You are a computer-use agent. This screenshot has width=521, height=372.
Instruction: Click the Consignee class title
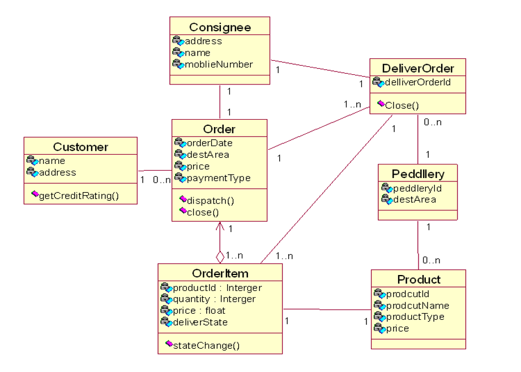click(x=220, y=27)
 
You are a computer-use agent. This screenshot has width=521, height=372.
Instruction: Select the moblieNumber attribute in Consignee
click(x=219, y=64)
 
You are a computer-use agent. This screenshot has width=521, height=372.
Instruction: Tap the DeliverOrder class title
click(x=418, y=69)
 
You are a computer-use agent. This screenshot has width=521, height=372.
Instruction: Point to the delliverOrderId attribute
click(x=417, y=83)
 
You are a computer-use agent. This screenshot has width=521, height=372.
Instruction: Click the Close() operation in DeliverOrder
click(x=402, y=105)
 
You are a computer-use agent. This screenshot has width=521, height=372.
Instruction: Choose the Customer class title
click(x=80, y=147)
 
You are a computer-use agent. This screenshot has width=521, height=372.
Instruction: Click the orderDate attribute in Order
click(x=210, y=143)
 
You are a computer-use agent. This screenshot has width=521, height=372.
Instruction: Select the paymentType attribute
click(x=219, y=177)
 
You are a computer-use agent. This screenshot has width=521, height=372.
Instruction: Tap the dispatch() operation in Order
click(x=210, y=200)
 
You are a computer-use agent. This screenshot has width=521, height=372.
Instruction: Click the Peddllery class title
click(x=418, y=174)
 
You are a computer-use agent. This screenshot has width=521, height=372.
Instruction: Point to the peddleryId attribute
click(x=417, y=188)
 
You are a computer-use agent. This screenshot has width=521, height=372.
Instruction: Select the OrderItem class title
click(x=220, y=273)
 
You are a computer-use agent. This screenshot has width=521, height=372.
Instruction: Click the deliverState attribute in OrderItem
click(x=200, y=322)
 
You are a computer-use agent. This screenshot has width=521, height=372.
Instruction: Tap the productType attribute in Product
click(x=415, y=316)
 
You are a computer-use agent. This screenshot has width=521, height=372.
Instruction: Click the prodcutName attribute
click(x=417, y=305)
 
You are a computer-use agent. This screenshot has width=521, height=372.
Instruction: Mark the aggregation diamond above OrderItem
click(x=220, y=257)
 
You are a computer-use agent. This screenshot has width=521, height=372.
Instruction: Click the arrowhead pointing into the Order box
click(x=220, y=225)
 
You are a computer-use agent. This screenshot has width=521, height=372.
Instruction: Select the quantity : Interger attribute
click(x=214, y=299)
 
